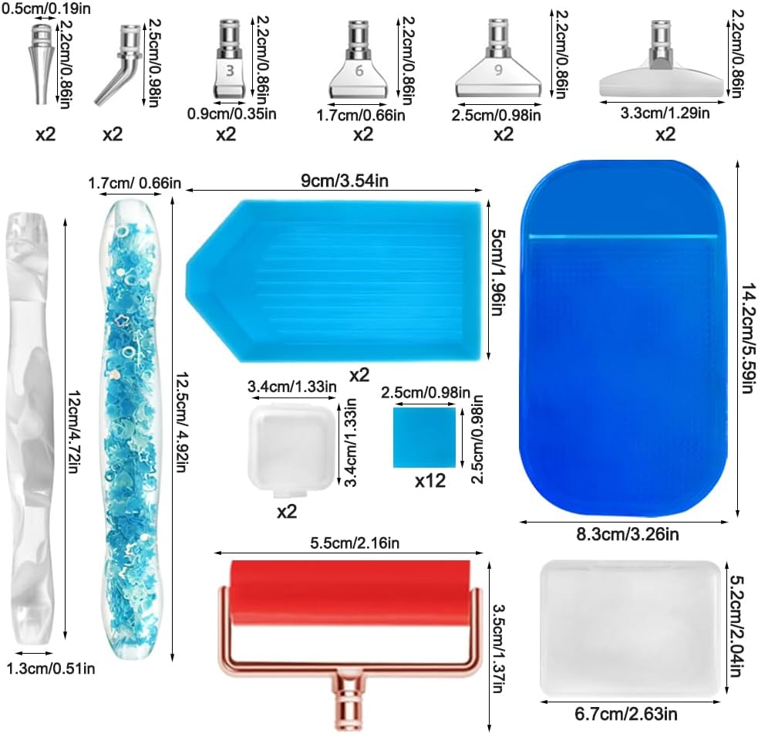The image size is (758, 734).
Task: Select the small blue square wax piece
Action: [x=424, y=438]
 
